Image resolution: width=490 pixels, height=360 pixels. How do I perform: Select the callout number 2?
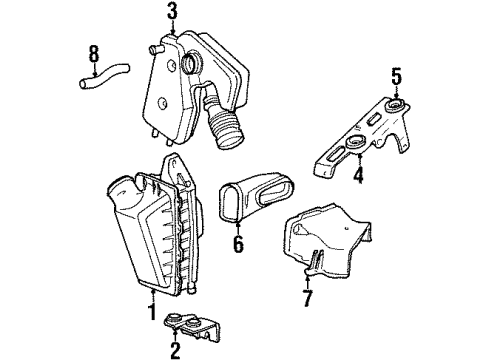175,350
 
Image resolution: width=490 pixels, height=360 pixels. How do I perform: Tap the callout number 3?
172,11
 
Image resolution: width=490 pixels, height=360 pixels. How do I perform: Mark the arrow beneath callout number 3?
172,29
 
